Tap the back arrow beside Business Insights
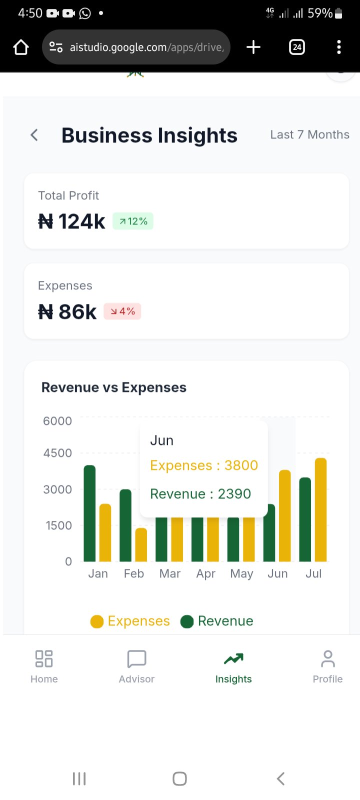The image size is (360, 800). (x=34, y=135)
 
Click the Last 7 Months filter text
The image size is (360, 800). (x=309, y=134)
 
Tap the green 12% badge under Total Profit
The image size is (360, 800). (x=133, y=221)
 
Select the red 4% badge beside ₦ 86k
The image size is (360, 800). (x=122, y=311)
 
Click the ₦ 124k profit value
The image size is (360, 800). (x=72, y=221)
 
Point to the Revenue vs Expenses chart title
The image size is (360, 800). (x=114, y=387)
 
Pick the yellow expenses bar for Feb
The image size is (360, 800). (x=141, y=544)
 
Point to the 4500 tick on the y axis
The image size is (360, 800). (x=57, y=453)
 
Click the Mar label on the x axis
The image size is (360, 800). (x=169, y=573)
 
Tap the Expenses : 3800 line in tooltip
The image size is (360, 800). (x=204, y=465)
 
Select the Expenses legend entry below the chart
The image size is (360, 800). (x=130, y=621)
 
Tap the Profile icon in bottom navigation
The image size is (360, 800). (x=327, y=659)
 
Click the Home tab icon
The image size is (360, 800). (x=44, y=659)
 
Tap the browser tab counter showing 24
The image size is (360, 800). (x=297, y=47)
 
